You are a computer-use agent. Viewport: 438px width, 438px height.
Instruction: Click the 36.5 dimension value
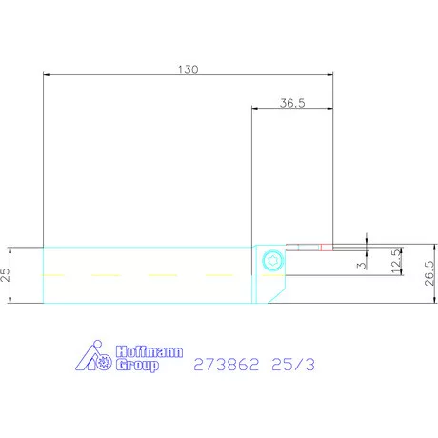tap(292, 103)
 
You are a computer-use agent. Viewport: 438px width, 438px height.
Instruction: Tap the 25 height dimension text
tap(6, 275)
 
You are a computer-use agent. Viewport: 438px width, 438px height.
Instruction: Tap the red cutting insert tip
tap(327, 249)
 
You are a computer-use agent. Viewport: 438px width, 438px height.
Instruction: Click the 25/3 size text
tap(296, 364)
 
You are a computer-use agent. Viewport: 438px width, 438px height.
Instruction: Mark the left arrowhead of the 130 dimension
tap(48, 75)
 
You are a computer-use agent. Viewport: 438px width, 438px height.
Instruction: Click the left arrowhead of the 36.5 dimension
tap(255, 109)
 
